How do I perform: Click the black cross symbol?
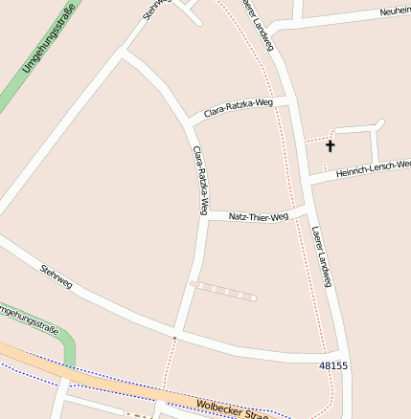point(331,146)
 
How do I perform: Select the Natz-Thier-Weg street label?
point(259,217)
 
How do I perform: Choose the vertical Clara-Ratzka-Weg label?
point(200,179)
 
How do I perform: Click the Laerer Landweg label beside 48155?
point(322,256)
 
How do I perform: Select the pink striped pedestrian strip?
point(222,290)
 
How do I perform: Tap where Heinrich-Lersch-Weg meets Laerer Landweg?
point(305,178)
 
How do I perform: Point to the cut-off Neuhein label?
point(395,11)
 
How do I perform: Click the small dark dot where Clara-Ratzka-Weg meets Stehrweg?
point(174,338)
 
